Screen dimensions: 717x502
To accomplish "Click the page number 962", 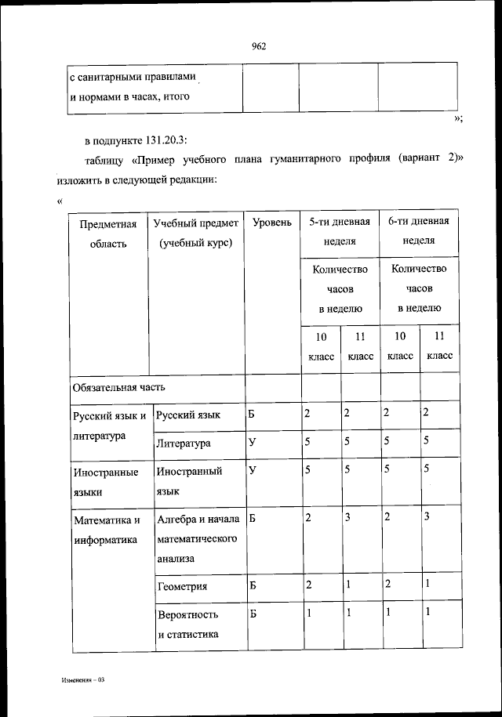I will pyautogui.click(x=260, y=45).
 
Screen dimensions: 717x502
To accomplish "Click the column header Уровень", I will pyautogui.click(x=272, y=223).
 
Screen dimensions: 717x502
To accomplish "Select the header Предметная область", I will pyautogui.click(x=108, y=234).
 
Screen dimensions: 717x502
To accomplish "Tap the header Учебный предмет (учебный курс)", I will pyautogui.click(x=195, y=234).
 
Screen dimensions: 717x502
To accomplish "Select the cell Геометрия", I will pyautogui.click(x=182, y=585).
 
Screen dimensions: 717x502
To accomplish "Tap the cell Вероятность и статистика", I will pyautogui.click(x=187, y=625).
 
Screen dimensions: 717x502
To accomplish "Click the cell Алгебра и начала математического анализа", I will pyautogui.click(x=197, y=539).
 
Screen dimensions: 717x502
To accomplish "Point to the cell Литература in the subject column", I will pyautogui.click(x=183, y=444).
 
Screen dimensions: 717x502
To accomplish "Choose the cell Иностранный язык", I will pyautogui.click(x=189, y=481).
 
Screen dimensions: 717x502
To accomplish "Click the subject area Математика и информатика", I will pyautogui.click(x=107, y=530).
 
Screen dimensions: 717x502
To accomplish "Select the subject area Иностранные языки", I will pyautogui.click(x=105, y=481).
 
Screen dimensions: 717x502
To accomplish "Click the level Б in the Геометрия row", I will pyautogui.click(x=253, y=585).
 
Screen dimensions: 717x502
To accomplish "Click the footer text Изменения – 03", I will pyautogui.click(x=82, y=681).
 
